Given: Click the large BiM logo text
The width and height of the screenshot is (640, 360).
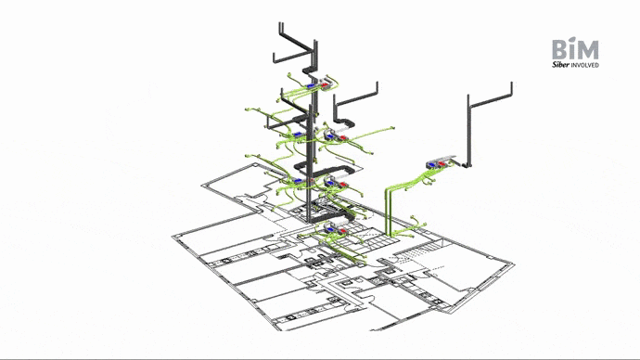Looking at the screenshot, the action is pos(575,48).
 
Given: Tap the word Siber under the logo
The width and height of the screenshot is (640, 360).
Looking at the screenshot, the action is pos(560,65).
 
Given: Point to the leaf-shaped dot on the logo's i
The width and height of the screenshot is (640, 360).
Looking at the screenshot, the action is pos(572,40).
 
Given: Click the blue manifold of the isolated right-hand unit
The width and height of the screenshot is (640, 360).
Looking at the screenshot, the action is pos(432,164).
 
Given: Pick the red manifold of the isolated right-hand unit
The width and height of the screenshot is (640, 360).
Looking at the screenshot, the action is pos(442,164).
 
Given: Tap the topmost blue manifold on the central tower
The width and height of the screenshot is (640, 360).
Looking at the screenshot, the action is pos(311,86).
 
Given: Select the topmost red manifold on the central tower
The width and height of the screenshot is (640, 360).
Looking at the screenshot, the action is pos(325,85).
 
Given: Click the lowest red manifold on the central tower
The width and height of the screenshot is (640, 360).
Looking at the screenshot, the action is pos(342,231).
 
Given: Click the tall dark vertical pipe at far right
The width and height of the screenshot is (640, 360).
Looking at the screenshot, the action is pos(468,131).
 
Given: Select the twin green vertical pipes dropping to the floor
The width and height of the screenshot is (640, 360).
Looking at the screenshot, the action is pos(389,212).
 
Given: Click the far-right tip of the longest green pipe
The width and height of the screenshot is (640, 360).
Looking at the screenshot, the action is pos(394,128).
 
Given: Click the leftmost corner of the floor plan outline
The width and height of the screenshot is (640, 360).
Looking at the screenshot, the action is pos(173,237).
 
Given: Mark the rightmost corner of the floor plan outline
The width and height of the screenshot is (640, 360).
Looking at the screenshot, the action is pos(514,264).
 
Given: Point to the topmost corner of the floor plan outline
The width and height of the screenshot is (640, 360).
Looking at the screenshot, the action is pos(256,164).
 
